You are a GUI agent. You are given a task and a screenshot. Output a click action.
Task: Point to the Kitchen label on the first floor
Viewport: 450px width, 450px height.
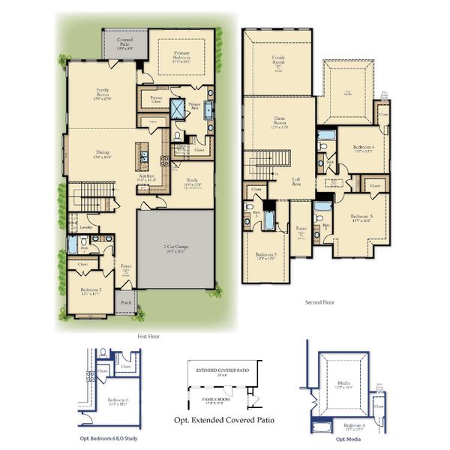click(147, 178)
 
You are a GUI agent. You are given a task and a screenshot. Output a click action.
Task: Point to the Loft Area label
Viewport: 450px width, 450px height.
click(297, 181)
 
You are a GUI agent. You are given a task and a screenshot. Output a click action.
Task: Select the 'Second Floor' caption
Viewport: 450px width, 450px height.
click(319, 303)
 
